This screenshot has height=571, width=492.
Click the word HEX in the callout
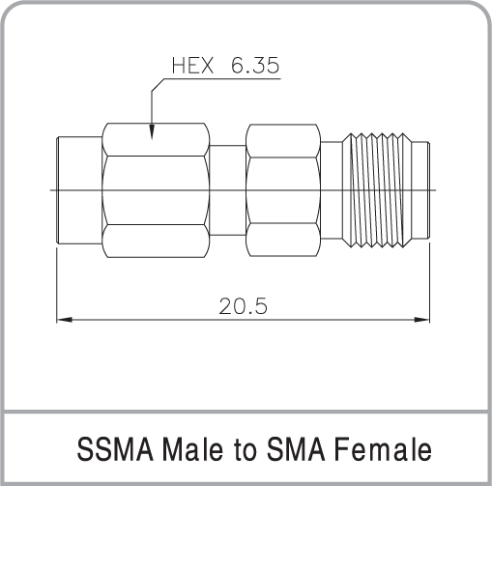pyautogui.click(x=192, y=66)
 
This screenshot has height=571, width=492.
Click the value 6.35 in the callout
pyautogui.click(x=255, y=66)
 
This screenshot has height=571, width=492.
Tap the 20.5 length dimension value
pyautogui.click(x=243, y=306)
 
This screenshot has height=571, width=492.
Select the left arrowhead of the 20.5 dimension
pyautogui.click(x=65, y=320)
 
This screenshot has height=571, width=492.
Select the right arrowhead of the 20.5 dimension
pyautogui.click(x=422, y=320)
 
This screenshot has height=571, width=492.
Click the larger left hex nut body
pyautogui.click(x=156, y=190)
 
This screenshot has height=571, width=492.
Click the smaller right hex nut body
pyautogui.click(x=283, y=190)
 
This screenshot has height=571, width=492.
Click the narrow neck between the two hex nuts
pyautogui.click(x=228, y=190)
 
